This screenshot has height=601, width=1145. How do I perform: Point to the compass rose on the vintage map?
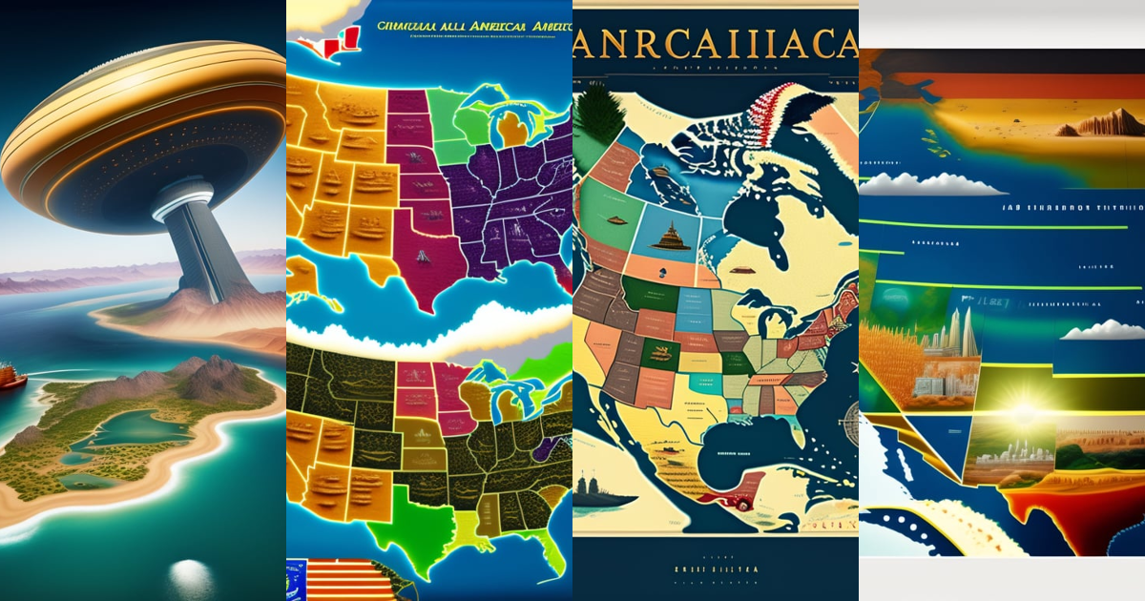(850, 413)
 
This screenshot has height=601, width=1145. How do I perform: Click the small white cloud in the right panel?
(1104, 330)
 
